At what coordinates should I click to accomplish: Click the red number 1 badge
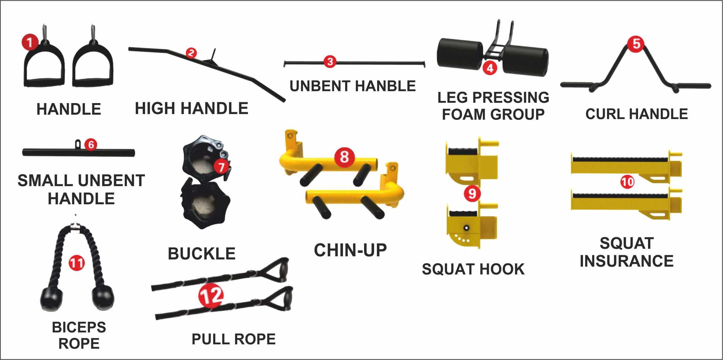coord(30,42)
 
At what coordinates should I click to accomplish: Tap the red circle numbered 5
coord(636,44)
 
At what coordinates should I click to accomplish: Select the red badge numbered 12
coord(211,295)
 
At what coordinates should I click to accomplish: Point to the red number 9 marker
coord(472,193)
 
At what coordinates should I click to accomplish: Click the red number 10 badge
coord(627,182)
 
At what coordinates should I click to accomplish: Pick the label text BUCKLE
coord(202,253)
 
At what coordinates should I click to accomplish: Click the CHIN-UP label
coord(350,250)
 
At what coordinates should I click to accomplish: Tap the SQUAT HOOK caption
coord(473,269)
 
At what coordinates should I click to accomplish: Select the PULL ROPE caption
coord(234,339)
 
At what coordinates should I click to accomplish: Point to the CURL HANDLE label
coord(636,114)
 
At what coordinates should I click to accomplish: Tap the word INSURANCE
coord(626,261)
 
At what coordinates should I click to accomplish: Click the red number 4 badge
coord(490,68)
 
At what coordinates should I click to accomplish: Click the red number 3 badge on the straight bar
coord(330,62)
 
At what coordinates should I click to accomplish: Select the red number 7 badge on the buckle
coord(221,167)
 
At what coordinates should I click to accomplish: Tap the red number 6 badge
coord(91,144)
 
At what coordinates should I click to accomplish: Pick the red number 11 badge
coord(77,263)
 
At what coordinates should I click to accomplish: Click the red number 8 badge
coord(344,157)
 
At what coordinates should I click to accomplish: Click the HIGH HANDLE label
coord(191,108)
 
